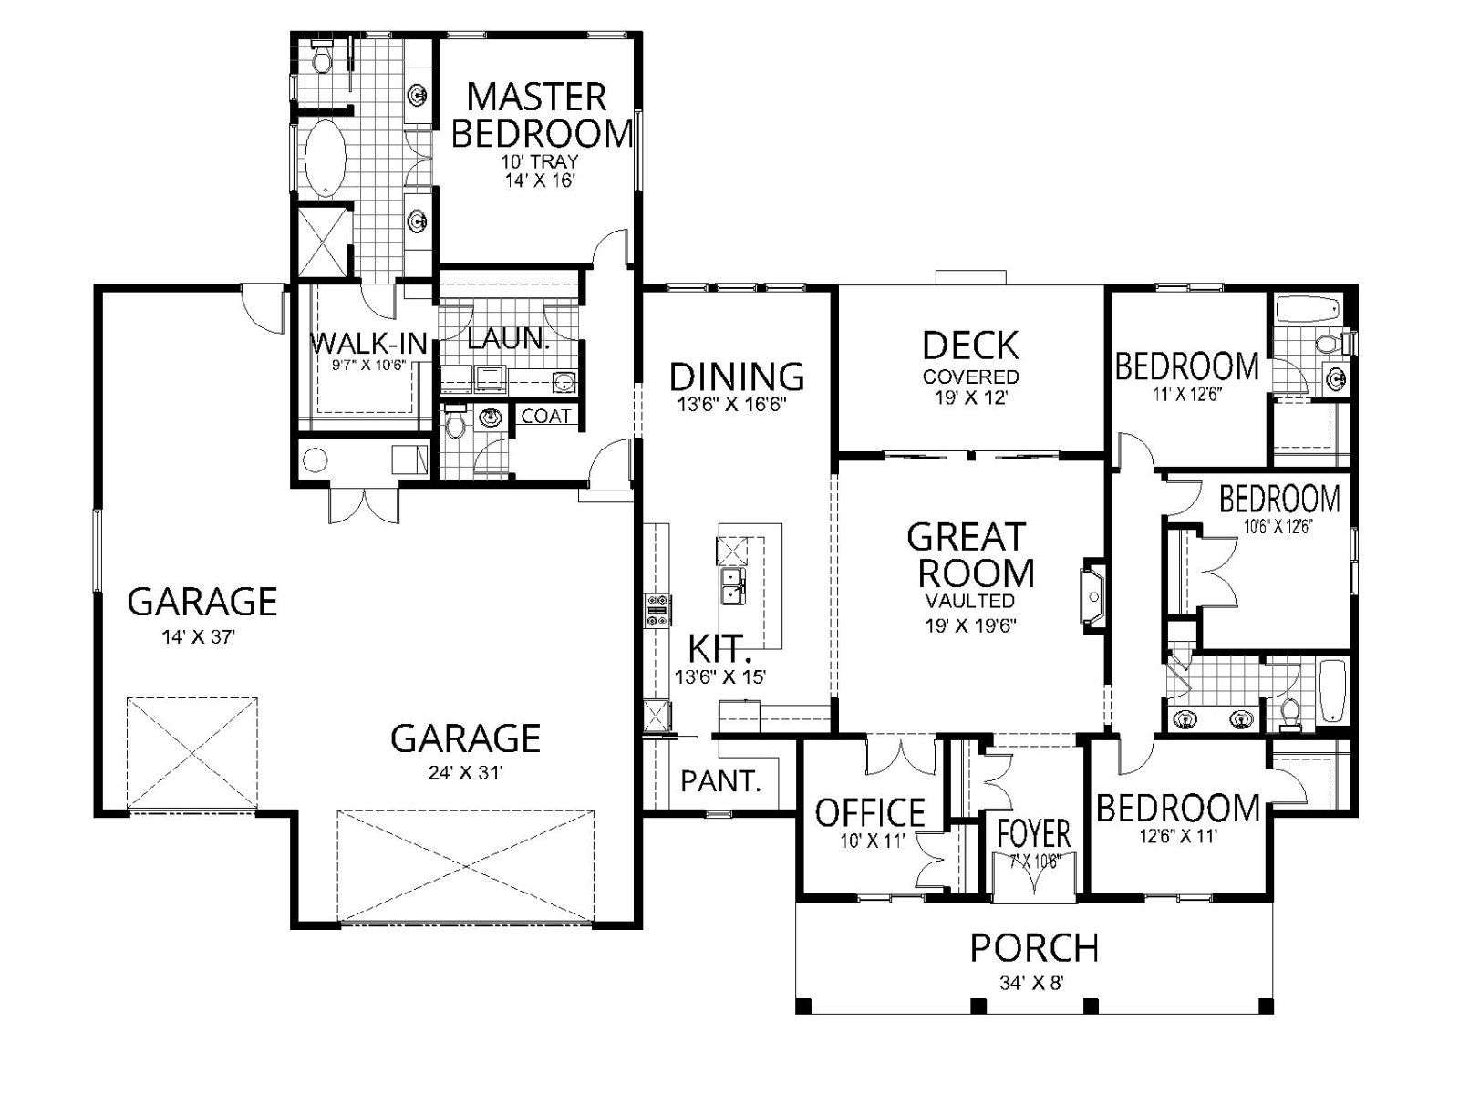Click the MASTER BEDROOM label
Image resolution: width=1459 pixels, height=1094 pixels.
coord(541,114)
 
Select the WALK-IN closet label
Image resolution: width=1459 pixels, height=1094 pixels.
coord(369,344)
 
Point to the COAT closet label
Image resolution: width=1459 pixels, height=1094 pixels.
coord(545,416)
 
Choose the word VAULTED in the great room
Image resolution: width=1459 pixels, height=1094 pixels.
coord(970,601)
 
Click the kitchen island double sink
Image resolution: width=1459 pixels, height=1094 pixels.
coord(732,586)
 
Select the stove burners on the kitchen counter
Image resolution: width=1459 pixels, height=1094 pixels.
coord(658,611)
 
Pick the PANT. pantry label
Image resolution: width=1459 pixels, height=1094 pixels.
coord(721,781)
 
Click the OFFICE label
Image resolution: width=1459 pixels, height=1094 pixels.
coord(870,811)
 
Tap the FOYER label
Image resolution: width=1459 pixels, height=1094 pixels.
coord(1034,833)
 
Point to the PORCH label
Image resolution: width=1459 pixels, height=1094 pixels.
coord(1034,948)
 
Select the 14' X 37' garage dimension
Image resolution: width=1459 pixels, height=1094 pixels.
coord(199,637)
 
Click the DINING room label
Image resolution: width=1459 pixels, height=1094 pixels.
coord(737,377)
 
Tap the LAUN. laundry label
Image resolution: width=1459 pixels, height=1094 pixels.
coord(509,338)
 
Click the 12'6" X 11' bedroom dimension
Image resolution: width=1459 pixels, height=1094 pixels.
coord(1178,836)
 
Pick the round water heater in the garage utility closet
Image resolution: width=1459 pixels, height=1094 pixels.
coord(315,459)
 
